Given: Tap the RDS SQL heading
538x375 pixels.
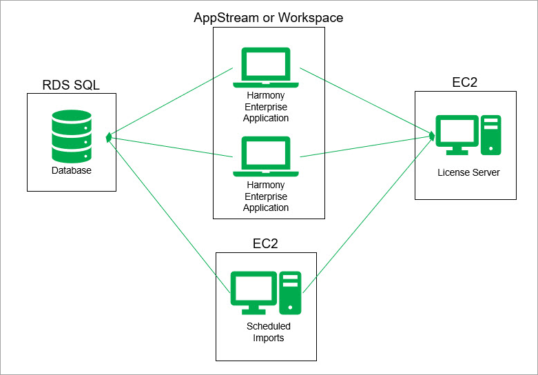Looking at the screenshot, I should pyautogui.click(x=71, y=85).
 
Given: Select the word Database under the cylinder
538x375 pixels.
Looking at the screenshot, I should pyautogui.click(x=71, y=170).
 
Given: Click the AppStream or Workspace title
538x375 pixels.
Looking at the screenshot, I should pyautogui.click(x=268, y=17).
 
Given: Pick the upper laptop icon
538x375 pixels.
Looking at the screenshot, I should pyautogui.click(x=266, y=68).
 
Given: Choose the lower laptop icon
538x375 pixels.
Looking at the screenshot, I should pyautogui.click(x=266, y=157).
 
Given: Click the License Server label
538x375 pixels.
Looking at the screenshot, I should pyautogui.click(x=468, y=172).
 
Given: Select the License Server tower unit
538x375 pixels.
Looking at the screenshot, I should pyautogui.click(x=491, y=134).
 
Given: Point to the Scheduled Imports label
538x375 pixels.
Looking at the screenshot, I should pyautogui.click(x=269, y=332).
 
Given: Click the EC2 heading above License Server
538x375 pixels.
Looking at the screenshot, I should pyautogui.click(x=465, y=83).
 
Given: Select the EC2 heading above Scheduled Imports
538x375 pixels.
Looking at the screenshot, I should pyautogui.click(x=266, y=243).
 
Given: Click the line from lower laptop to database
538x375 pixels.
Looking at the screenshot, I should pyautogui.click(x=172, y=146).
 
